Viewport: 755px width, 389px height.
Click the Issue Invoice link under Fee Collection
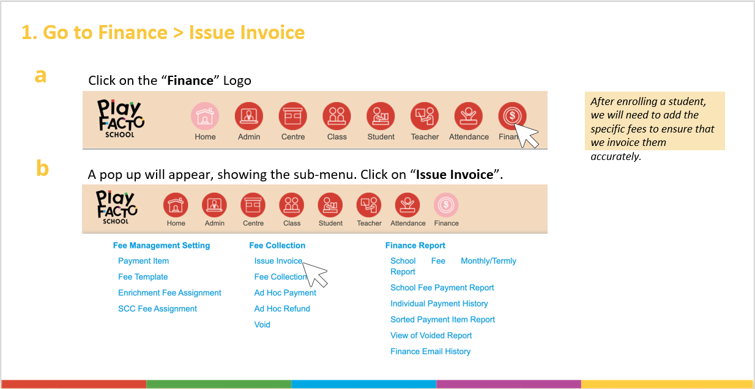point(278,261)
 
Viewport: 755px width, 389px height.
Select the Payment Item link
point(143,261)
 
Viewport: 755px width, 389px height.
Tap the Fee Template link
point(143,277)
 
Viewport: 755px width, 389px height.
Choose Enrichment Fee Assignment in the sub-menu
point(169,293)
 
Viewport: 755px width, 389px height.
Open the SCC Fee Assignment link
point(157,308)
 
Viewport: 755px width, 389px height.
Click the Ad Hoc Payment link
point(285,293)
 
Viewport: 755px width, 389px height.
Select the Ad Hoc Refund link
point(282,308)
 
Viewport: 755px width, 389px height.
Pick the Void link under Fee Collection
point(262,324)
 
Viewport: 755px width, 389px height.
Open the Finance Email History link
point(430,351)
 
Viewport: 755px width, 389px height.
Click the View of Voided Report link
point(431,335)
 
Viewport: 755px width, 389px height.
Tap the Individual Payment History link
point(439,304)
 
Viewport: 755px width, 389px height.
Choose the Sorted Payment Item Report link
point(442,319)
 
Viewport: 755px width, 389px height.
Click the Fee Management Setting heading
point(162,245)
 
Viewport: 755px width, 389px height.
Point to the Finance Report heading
point(415,245)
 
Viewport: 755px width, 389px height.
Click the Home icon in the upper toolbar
point(205,116)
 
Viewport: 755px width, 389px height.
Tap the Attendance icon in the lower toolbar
point(407,205)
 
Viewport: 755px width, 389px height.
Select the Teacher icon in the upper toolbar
point(425,116)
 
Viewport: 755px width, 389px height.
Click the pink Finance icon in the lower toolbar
point(446,205)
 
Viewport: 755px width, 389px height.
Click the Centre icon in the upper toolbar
point(293,116)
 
